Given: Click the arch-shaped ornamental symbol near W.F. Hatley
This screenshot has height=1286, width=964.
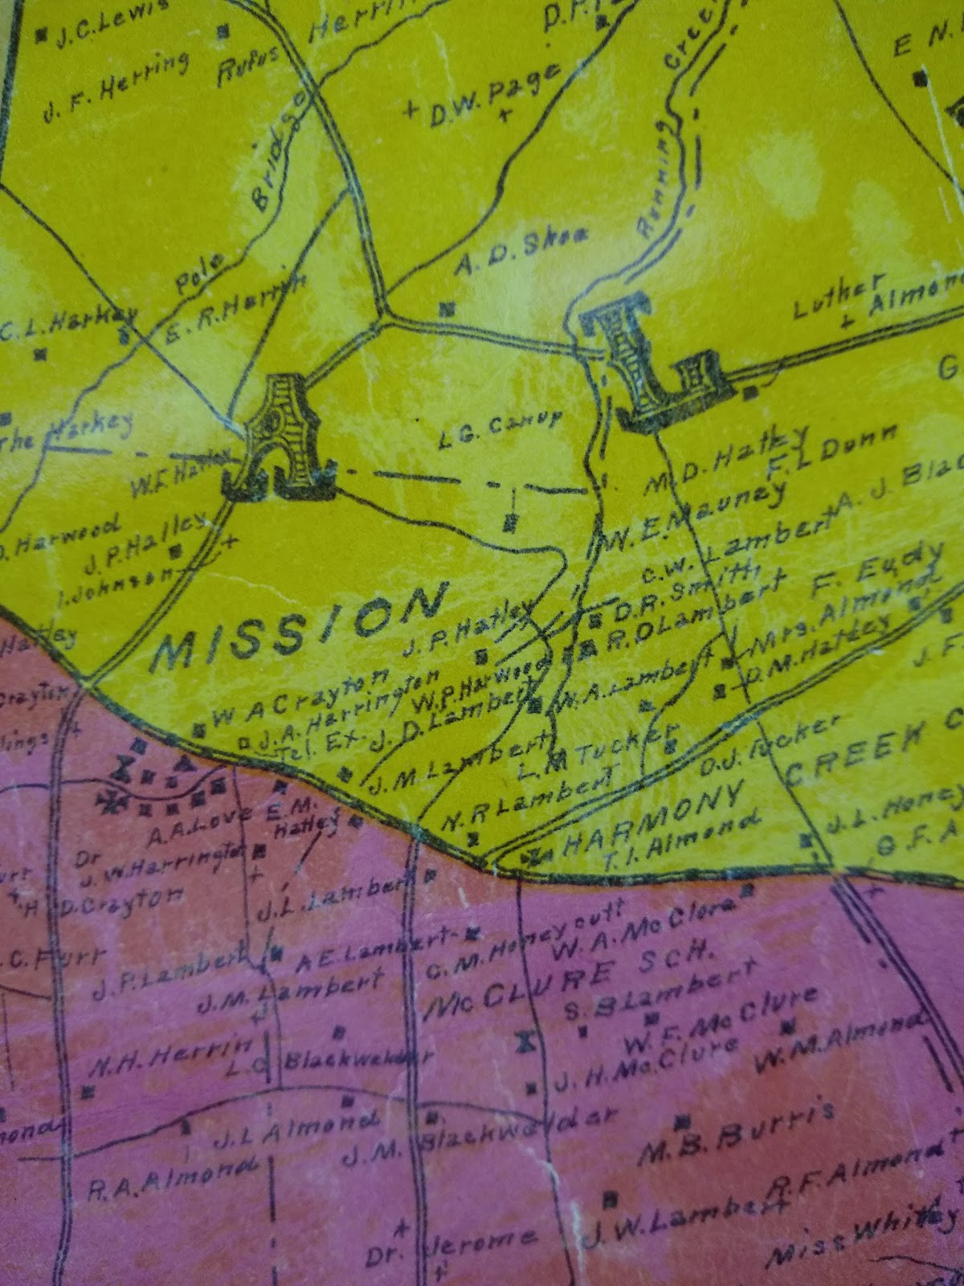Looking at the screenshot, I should point(277,438).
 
